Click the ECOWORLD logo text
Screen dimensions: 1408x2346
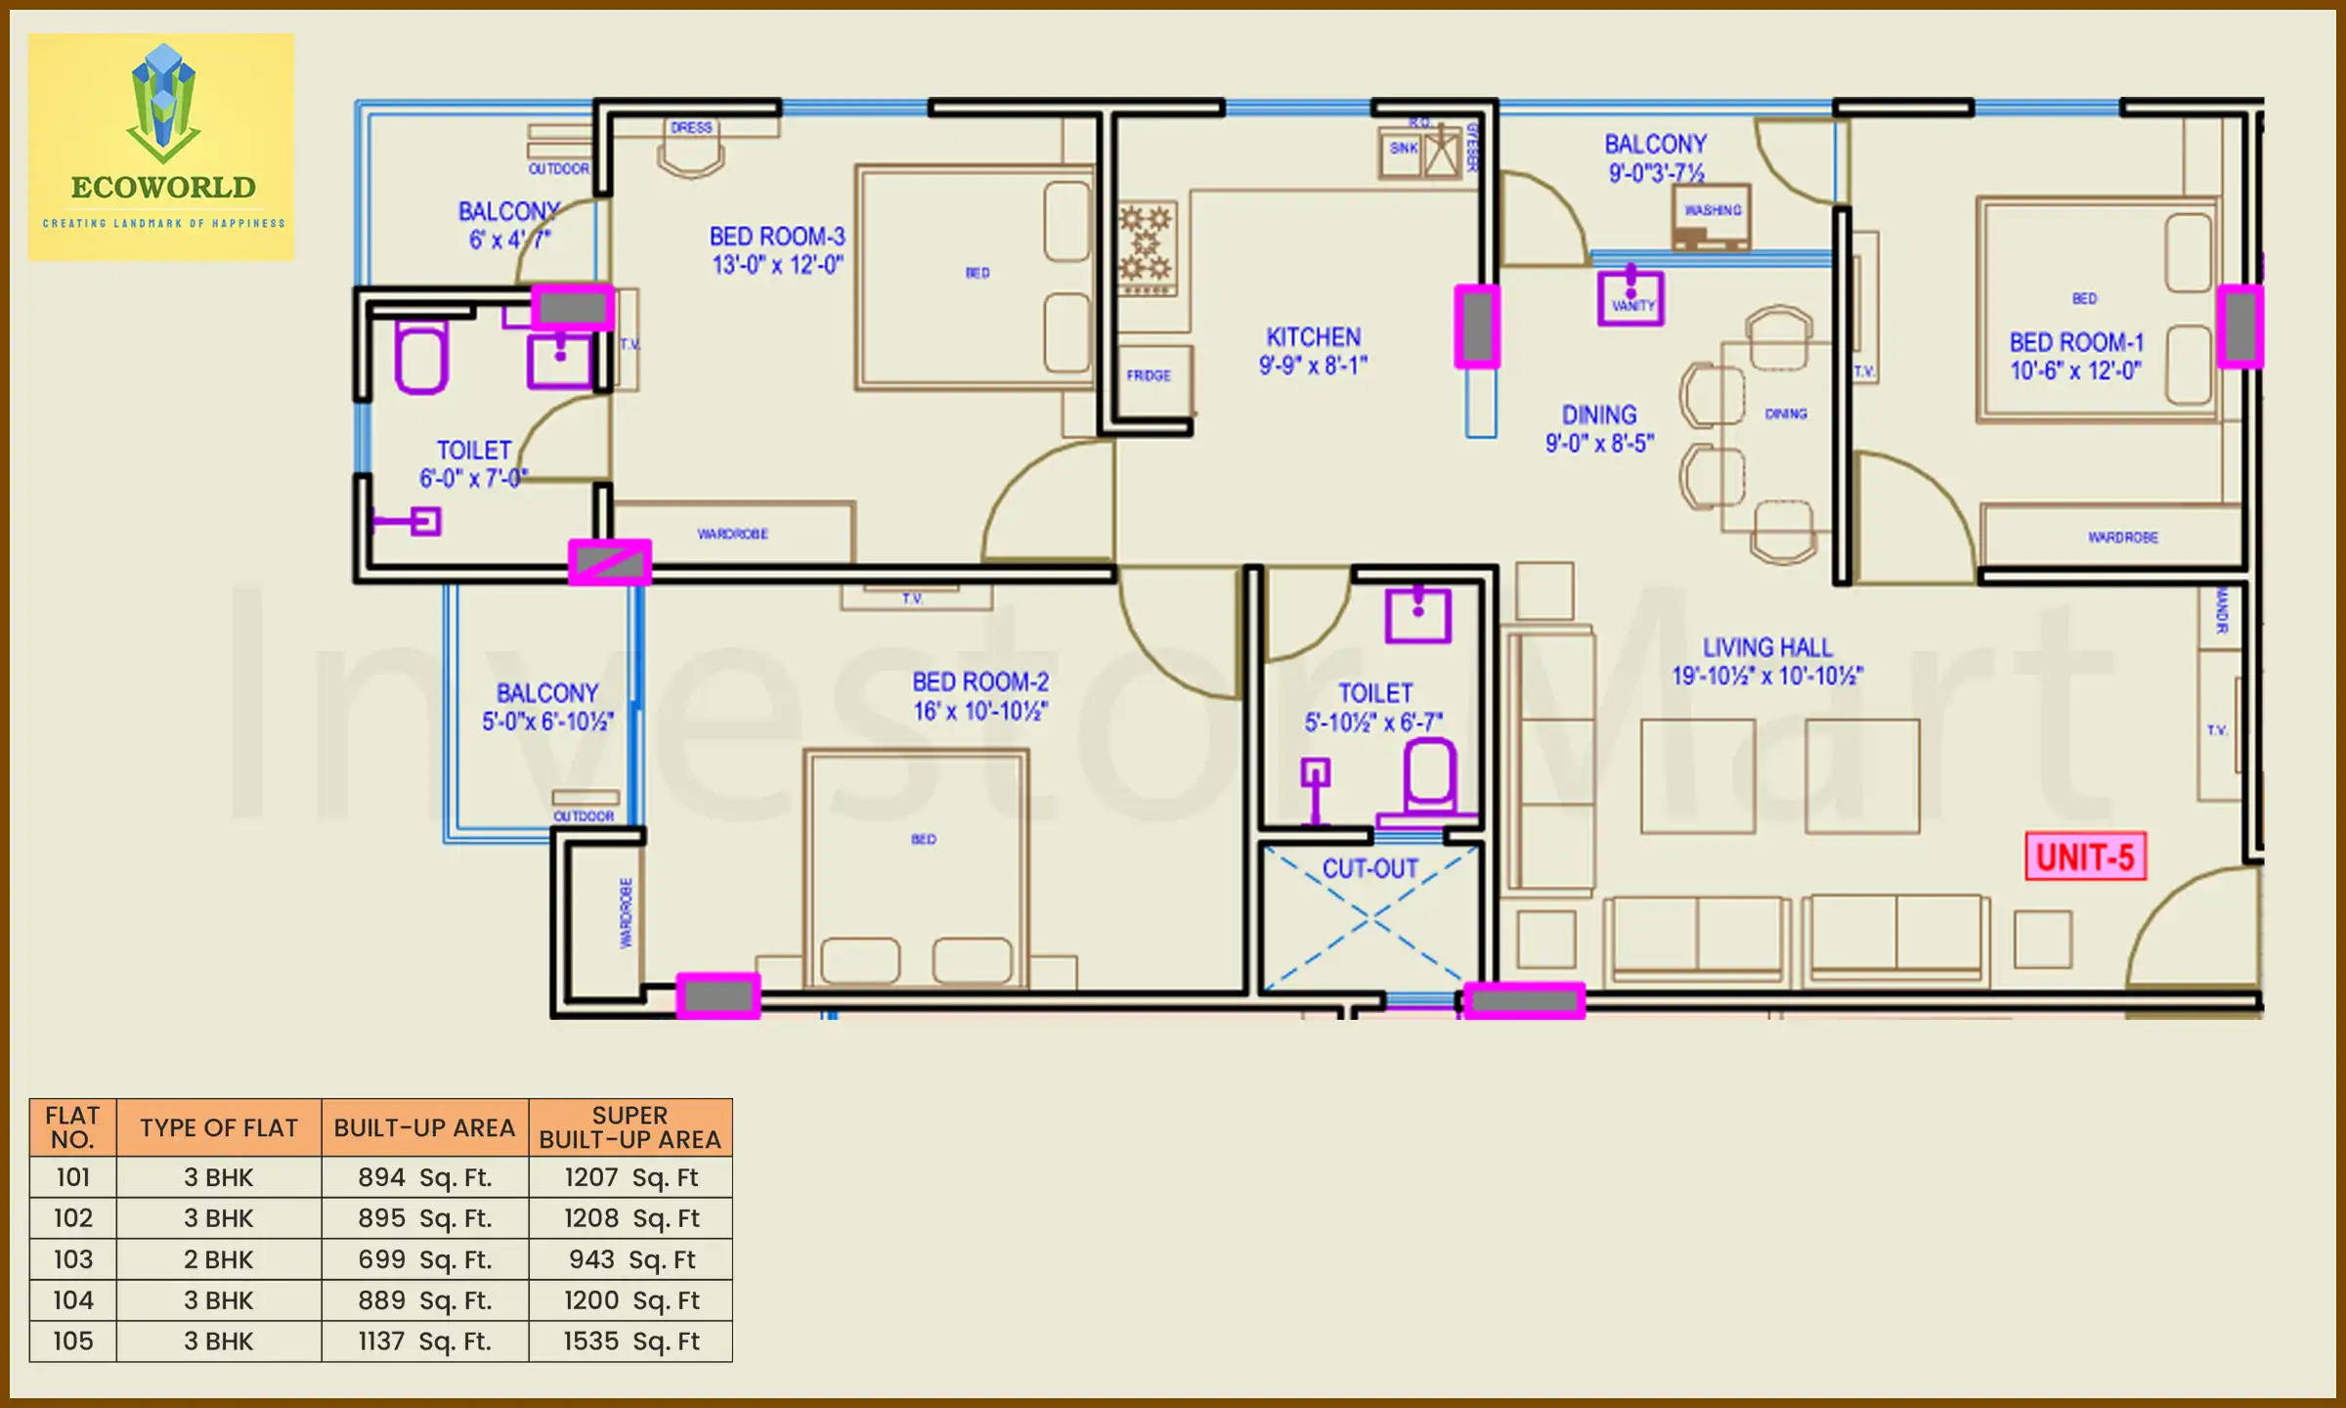[x=163, y=187]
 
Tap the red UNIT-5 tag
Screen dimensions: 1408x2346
[x=2084, y=858]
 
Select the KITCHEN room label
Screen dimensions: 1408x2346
[x=1313, y=337]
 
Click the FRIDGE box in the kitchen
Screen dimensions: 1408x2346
[x=1149, y=375]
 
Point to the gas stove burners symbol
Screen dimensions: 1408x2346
[x=1146, y=244]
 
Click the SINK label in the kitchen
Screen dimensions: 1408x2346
[x=1403, y=149]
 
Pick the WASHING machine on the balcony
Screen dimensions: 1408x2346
[x=1712, y=216]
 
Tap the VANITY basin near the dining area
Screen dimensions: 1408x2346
[x=1630, y=297]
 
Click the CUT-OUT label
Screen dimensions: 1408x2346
[x=1369, y=868]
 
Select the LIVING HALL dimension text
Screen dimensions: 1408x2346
[x=1767, y=676]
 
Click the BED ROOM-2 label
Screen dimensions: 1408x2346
[x=979, y=682]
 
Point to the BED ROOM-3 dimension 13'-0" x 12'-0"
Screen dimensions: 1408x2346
[x=777, y=265]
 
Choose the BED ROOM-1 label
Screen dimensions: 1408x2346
[x=2076, y=342]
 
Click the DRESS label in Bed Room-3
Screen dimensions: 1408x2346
[x=691, y=128]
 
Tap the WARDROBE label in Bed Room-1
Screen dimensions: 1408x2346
[x=2122, y=538]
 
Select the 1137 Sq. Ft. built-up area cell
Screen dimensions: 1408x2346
[x=424, y=1341]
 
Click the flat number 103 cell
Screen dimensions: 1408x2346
[x=73, y=1259]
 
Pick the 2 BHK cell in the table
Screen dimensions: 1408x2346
[x=218, y=1259]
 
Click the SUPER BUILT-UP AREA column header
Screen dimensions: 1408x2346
[x=630, y=1127]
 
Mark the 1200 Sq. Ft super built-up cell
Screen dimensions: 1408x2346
[x=630, y=1300]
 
